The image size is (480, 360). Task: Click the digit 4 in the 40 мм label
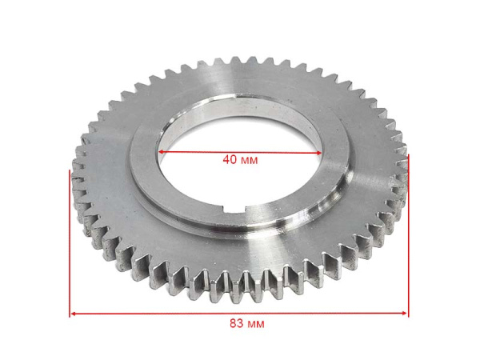[x=226, y=159]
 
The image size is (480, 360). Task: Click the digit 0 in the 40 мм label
[x=234, y=159]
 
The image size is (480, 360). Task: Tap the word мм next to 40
[x=249, y=161]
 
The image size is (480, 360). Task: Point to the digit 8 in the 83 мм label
[x=234, y=323]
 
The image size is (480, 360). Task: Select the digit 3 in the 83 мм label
[x=241, y=323]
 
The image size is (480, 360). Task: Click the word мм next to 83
[x=256, y=324]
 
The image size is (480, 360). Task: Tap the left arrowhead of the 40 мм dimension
[x=161, y=151]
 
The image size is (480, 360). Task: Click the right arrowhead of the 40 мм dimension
[x=318, y=153]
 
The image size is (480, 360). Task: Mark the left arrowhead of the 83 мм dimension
[x=73, y=314]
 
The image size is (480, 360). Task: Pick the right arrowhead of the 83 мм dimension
[x=405, y=313]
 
